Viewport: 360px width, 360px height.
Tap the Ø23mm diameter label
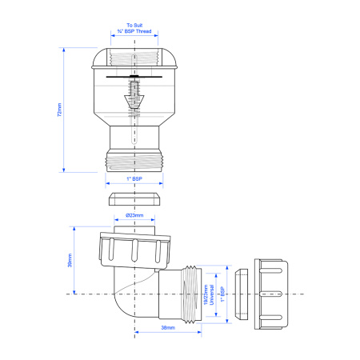tap(134, 216)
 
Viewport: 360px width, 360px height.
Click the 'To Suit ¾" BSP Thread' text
tap(134, 30)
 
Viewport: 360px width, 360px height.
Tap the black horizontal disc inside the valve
tap(134, 78)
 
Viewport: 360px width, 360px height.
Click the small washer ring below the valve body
tap(134, 199)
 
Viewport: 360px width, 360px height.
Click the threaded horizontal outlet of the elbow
tap(193, 294)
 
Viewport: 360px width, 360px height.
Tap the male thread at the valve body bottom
tap(134, 158)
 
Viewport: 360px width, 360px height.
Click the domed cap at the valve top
tap(134, 58)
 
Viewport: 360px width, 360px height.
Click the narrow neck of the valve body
tap(134, 133)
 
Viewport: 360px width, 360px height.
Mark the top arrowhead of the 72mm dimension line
tap(63, 50)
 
